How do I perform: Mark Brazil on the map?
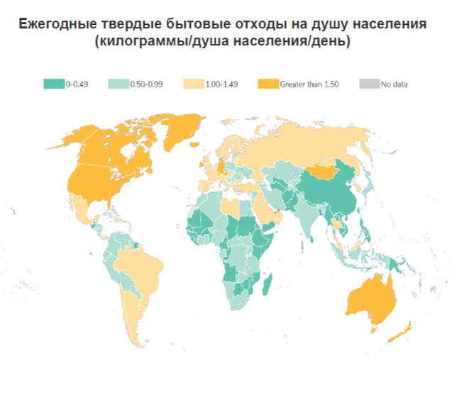pyautogui.click(x=138, y=266)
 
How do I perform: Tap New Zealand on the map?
pyautogui.click(x=402, y=330)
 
